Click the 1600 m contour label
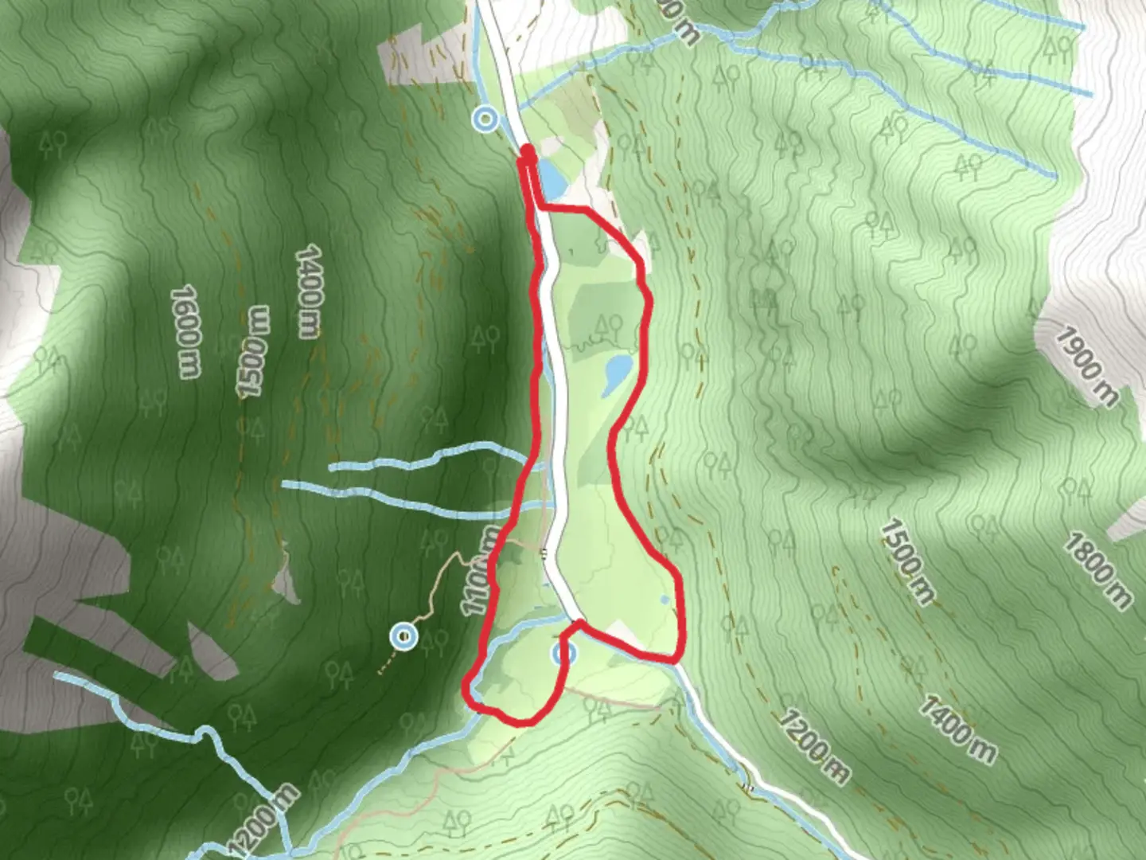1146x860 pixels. [x=185, y=331]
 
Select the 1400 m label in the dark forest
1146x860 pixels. [x=309, y=292]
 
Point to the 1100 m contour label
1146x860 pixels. [x=482, y=569]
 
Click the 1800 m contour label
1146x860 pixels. [x=1097, y=572]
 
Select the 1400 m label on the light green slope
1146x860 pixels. [x=958, y=729]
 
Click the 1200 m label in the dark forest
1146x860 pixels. [x=263, y=821]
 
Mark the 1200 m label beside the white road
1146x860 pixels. [x=813, y=746]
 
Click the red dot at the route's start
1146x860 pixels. [x=527, y=151]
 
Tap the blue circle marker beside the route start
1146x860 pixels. [x=485, y=119]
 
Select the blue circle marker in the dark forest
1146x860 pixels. [x=404, y=636]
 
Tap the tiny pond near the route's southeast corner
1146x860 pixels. [x=664, y=600]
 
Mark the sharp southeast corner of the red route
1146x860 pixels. [x=676, y=659]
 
